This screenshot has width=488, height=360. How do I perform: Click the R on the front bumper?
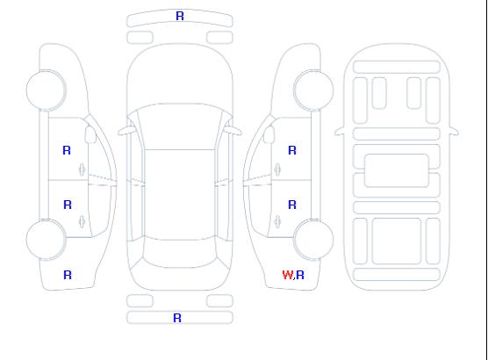pos(180,16)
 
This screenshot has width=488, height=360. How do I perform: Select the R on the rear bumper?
pos(177,318)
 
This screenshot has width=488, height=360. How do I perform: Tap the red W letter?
pos(287,275)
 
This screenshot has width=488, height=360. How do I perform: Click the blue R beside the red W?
pos(300,275)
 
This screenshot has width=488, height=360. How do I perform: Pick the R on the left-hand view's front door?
pos(67,150)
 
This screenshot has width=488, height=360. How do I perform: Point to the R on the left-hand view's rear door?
pos(68,205)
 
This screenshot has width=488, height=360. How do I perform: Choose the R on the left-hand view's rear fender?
pos(68,275)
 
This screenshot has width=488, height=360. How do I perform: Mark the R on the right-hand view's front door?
pos(292,150)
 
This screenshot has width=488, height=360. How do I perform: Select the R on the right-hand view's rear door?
pos(292,205)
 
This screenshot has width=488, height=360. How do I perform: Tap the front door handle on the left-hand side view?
pos(82,169)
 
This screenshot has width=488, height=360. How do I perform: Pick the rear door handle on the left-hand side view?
pos(82,221)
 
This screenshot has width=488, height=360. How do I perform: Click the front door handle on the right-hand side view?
pos(277,169)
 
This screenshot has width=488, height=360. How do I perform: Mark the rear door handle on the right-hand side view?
pos(277,221)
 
